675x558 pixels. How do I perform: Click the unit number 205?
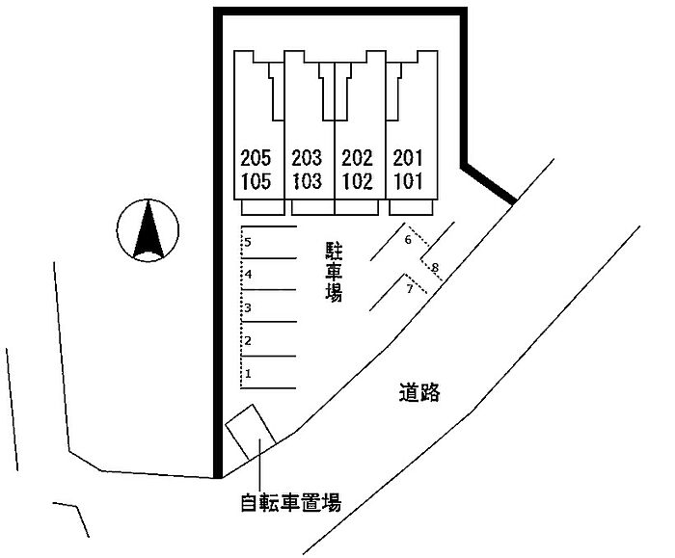pos(256,158)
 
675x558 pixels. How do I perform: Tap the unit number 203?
pos(308,158)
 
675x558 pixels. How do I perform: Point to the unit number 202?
pos(357,158)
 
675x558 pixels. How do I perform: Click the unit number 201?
pos(409,158)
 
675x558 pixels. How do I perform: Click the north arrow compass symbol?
pos(147,231)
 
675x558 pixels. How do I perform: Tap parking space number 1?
pos(248,373)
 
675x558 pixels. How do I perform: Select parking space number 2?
pos(248,340)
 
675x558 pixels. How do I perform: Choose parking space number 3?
pos(248,308)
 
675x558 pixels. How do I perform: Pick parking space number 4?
pos(248,275)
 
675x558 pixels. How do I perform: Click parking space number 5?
pos(248,242)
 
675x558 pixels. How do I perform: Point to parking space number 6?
pos(408,239)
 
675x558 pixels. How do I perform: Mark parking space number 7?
pos(409,288)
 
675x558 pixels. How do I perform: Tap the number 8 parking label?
pos(435,267)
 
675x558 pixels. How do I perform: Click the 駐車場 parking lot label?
pos(334,273)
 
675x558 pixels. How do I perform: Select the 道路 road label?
pos(418,392)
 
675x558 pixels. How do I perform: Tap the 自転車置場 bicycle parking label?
pos(290,501)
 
